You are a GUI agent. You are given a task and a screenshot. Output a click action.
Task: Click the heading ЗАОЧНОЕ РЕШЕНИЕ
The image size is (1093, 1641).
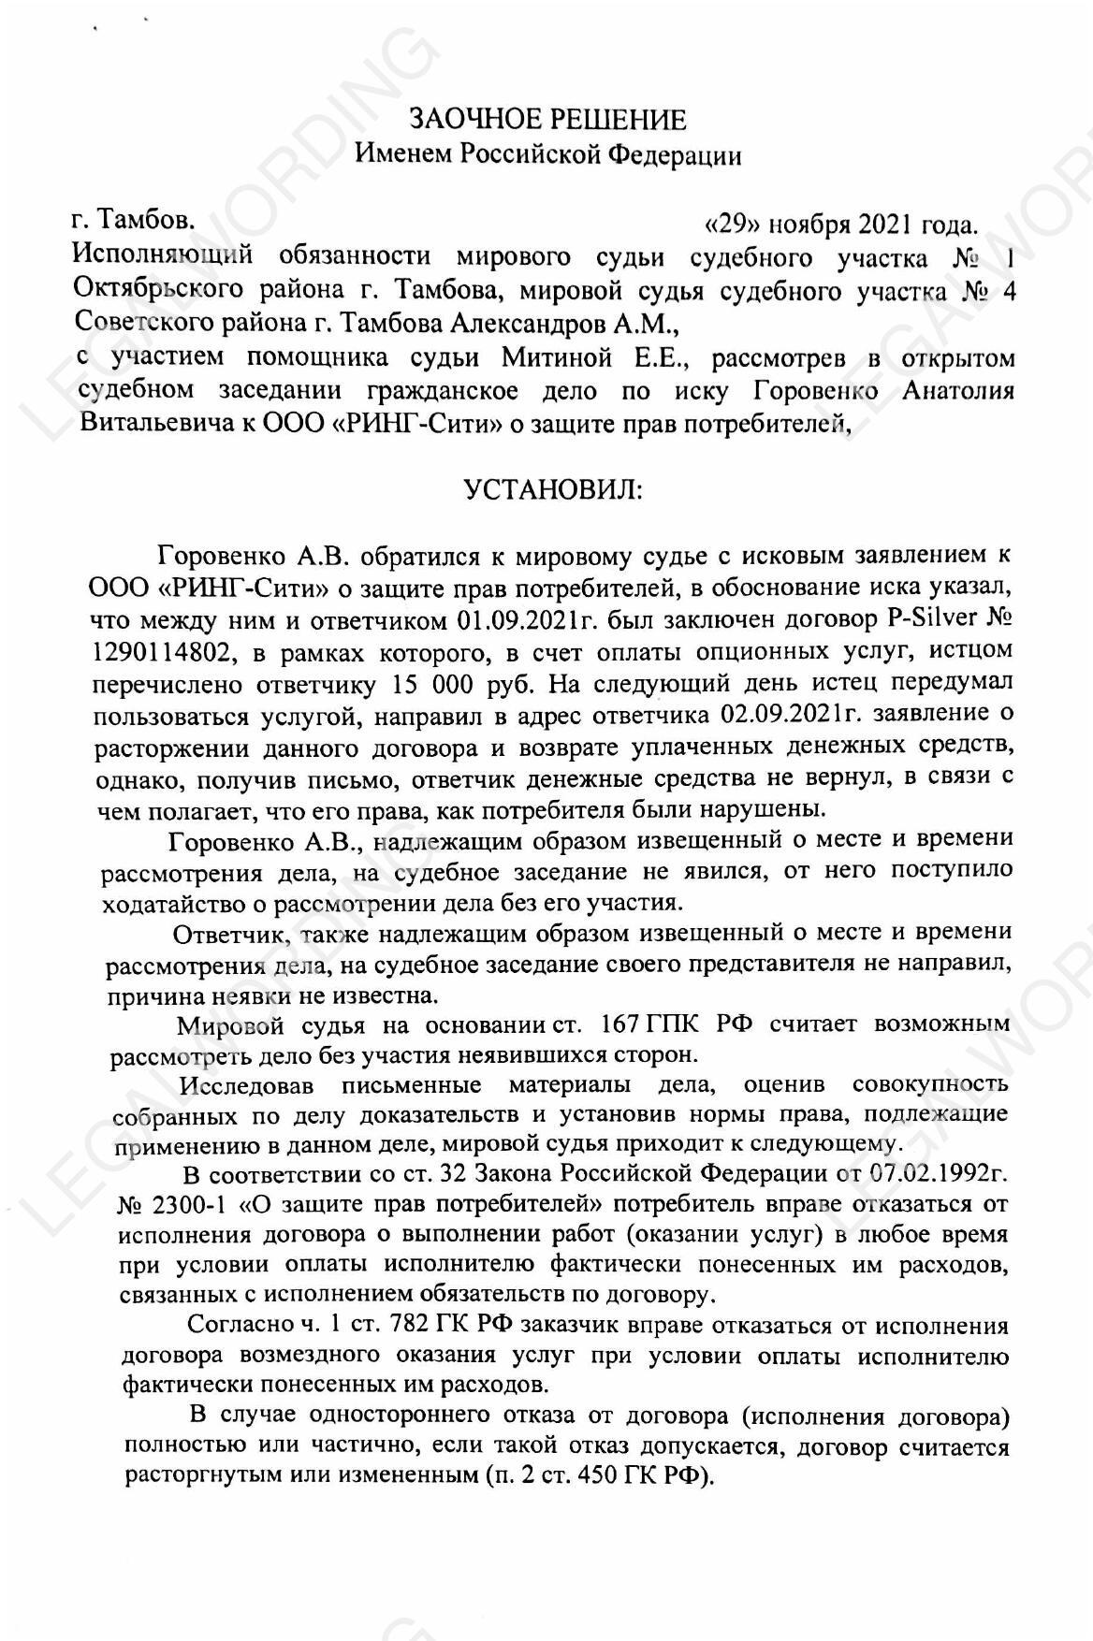[x=547, y=120]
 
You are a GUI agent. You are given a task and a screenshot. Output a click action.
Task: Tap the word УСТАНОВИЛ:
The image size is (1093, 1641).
[x=554, y=489]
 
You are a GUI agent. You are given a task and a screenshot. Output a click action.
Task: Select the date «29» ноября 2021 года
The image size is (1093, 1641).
[x=840, y=225]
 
